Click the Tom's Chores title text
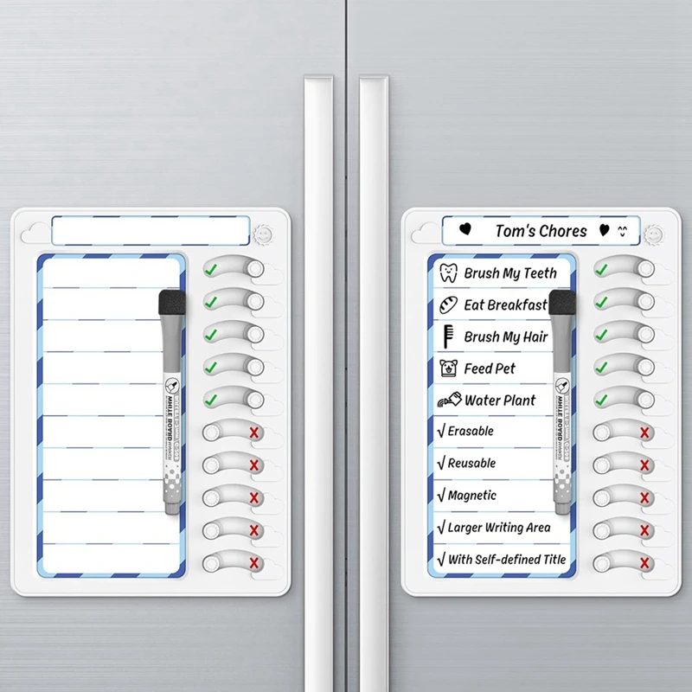(541, 231)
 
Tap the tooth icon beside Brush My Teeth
(448, 273)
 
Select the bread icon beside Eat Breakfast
(448, 304)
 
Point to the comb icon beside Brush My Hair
(448, 336)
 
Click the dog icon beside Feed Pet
(448, 368)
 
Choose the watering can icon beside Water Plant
(449, 400)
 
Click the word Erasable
(471, 431)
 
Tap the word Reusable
(471, 463)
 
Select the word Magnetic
(471, 495)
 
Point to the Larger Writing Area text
(498, 527)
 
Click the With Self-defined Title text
(506, 559)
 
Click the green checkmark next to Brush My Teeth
(601, 270)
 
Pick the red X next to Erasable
(644, 432)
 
